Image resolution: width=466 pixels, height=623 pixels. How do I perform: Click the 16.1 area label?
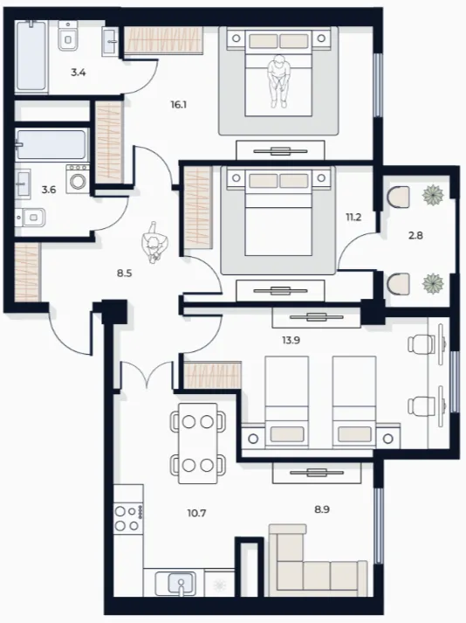tap(179, 105)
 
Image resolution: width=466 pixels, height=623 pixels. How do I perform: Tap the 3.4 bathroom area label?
tap(79, 73)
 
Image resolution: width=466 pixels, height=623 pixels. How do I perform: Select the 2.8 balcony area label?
tap(415, 235)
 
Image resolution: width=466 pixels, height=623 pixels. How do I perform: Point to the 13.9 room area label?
tap(291, 340)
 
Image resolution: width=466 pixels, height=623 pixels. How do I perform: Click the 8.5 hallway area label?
tap(124, 273)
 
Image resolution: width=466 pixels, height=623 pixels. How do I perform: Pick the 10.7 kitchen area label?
tap(196, 513)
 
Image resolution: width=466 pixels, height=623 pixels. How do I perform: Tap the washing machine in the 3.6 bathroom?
tap(78, 179)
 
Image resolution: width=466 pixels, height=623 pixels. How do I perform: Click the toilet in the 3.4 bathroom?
tap(68, 36)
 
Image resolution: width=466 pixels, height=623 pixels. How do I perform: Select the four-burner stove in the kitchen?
tap(128, 518)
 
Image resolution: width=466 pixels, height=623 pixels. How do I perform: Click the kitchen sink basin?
tap(181, 584)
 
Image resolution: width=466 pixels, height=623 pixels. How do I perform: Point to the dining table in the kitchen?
tap(198, 443)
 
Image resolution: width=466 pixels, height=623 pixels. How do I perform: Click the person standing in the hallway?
tap(155, 242)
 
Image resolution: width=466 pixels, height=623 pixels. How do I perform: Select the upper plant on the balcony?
tap(432, 196)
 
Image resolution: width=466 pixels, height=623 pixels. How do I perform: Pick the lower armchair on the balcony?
tap(398, 283)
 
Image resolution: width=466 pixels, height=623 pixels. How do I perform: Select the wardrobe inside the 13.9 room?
tap(213, 375)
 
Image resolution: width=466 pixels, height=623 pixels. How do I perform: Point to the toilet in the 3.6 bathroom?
tap(31, 218)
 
